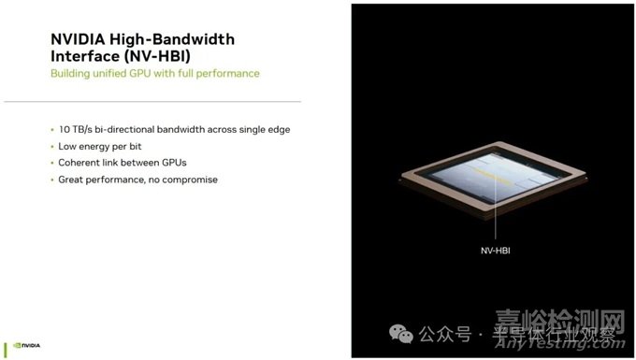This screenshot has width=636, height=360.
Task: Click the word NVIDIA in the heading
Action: coord(78,40)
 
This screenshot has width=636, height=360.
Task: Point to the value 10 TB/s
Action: coord(78,129)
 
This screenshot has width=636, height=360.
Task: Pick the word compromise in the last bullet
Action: coord(187,179)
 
